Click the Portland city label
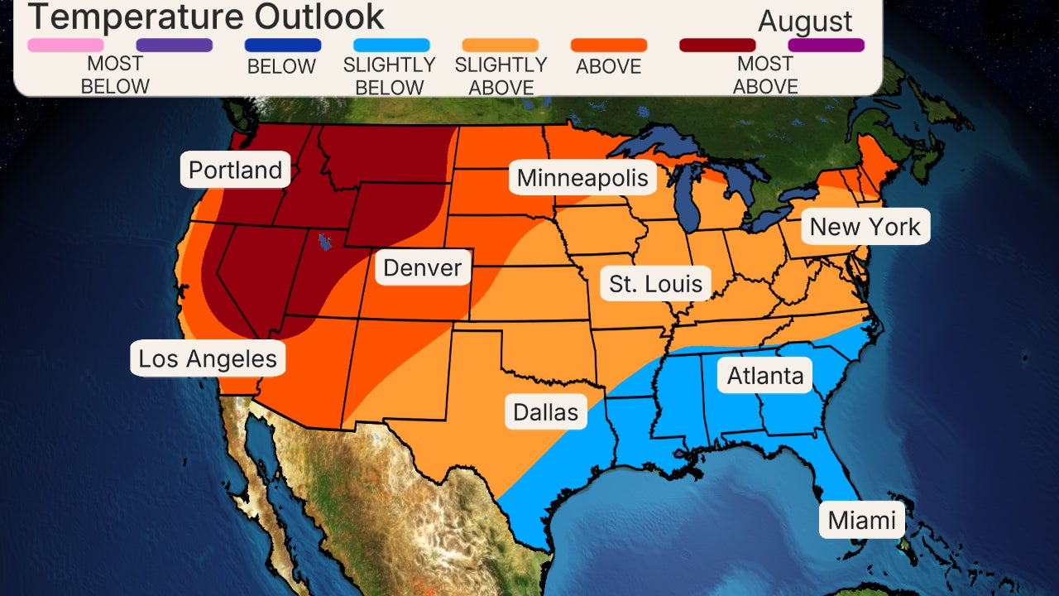tap(236, 171)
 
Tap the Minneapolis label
tap(582, 178)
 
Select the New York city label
tap(865, 227)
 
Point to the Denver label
tap(423, 268)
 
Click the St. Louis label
tap(655, 284)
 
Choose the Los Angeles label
tap(208, 359)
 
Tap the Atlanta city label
tap(765, 376)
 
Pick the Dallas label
tap(545, 411)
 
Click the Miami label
tap(862, 520)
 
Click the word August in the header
tap(805, 22)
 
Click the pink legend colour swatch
tap(66, 46)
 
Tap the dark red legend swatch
tap(717, 46)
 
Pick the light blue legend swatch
tap(391, 46)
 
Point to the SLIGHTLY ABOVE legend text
tap(501, 75)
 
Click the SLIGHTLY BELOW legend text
tap(389, 75)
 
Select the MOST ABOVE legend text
tap(765, 74)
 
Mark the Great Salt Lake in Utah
tap(324, 243)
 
